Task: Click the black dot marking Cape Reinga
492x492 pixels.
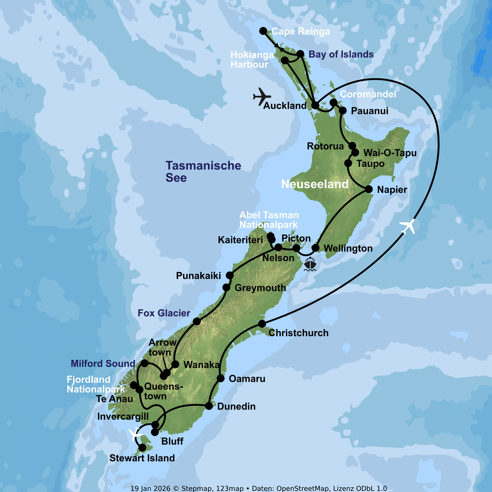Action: pos(263,31)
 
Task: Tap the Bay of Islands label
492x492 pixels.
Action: pos(341,54)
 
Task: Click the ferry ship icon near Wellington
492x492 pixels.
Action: pos(310,264)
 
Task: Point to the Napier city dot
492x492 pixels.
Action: pos(369,189)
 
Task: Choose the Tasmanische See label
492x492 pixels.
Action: pos(203,171)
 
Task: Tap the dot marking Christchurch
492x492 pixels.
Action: pos(262,324)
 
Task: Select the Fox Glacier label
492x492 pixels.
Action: pos(164,313)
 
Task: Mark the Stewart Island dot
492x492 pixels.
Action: pos(142,447)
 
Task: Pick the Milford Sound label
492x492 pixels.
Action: pos(103,363)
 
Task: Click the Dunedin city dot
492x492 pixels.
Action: pos(209,406)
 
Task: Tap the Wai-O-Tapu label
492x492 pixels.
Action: pos(390,153)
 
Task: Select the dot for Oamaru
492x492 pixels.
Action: pos(221,378)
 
